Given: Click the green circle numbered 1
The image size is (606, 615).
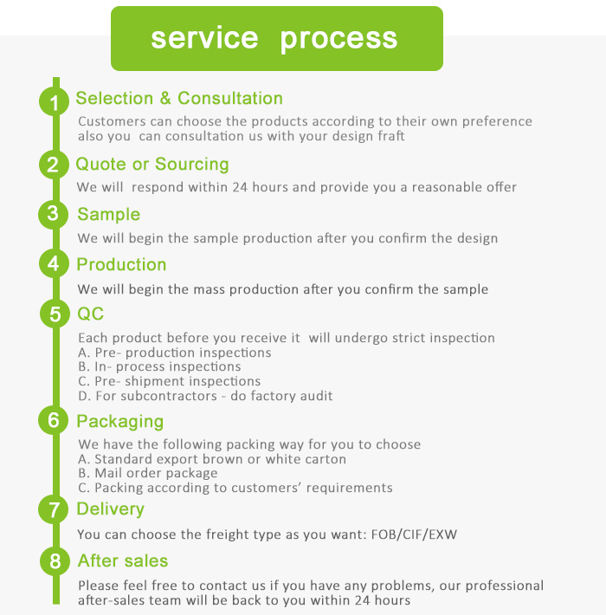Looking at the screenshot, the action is pos(54,101).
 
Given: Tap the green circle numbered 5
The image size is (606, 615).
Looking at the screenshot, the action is pos(55,314).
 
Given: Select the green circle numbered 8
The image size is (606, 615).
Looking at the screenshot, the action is pos(55,561).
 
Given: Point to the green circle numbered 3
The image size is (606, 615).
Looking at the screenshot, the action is pos(54,214).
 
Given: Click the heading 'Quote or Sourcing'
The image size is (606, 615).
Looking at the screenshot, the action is pos(152,165).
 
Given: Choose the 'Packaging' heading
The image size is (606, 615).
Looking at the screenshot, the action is pos(120,422).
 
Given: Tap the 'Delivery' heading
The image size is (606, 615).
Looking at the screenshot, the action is pos(111,509).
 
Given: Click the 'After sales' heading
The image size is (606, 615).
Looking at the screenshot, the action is pos(123,560).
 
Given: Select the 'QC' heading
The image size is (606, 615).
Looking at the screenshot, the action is pos(91,314).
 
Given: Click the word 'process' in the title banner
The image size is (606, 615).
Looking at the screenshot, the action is pos(338,39).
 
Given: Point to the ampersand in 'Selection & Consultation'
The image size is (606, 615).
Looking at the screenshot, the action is pos(165,98).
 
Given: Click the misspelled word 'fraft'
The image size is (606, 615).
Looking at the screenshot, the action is pos(390,136).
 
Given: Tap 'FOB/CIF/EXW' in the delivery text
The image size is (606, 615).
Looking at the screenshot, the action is pos(414,534).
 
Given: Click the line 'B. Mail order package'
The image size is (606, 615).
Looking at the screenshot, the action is pos(148,474).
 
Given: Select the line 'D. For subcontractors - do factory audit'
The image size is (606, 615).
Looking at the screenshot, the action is pos(205,396).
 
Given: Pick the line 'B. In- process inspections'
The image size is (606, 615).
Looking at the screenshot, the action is pos(159,366).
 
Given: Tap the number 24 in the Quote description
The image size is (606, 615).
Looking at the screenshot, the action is pos(240,187).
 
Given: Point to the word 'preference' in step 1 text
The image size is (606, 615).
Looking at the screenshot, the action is pos(497,121).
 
